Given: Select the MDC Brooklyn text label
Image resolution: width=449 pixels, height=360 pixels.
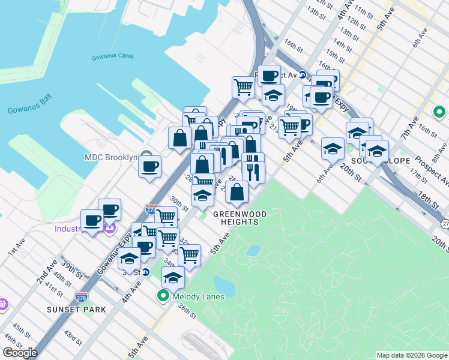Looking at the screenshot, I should click(x=110, y=158).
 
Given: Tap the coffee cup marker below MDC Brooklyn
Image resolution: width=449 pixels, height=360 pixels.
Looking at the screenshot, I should click(x=149, y=166).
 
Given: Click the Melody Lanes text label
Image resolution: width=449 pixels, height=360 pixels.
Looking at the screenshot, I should click(x=197, y=296).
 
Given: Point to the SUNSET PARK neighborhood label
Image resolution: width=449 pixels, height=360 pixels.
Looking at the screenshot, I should click(x=76, y=310).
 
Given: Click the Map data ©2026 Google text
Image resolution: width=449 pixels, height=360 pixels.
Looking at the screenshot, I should click(x=411, y=355).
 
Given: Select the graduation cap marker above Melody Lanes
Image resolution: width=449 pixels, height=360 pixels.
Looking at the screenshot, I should click(x=173, y=277).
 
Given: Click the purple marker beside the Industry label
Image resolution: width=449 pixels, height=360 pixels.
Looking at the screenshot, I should click(x=109, y=227).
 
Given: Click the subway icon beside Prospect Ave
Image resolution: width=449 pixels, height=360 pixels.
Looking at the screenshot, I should click(x=303, y=76).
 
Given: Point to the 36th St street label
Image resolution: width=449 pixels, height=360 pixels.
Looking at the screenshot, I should click(x=186, y=314).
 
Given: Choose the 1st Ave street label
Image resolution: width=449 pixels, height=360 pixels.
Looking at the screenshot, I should click(x=16, y=251).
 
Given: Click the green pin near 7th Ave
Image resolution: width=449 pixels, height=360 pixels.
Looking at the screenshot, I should click(x=439, y=112).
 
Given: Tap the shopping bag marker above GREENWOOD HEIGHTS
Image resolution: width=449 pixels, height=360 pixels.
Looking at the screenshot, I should click(x=237, y=192).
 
